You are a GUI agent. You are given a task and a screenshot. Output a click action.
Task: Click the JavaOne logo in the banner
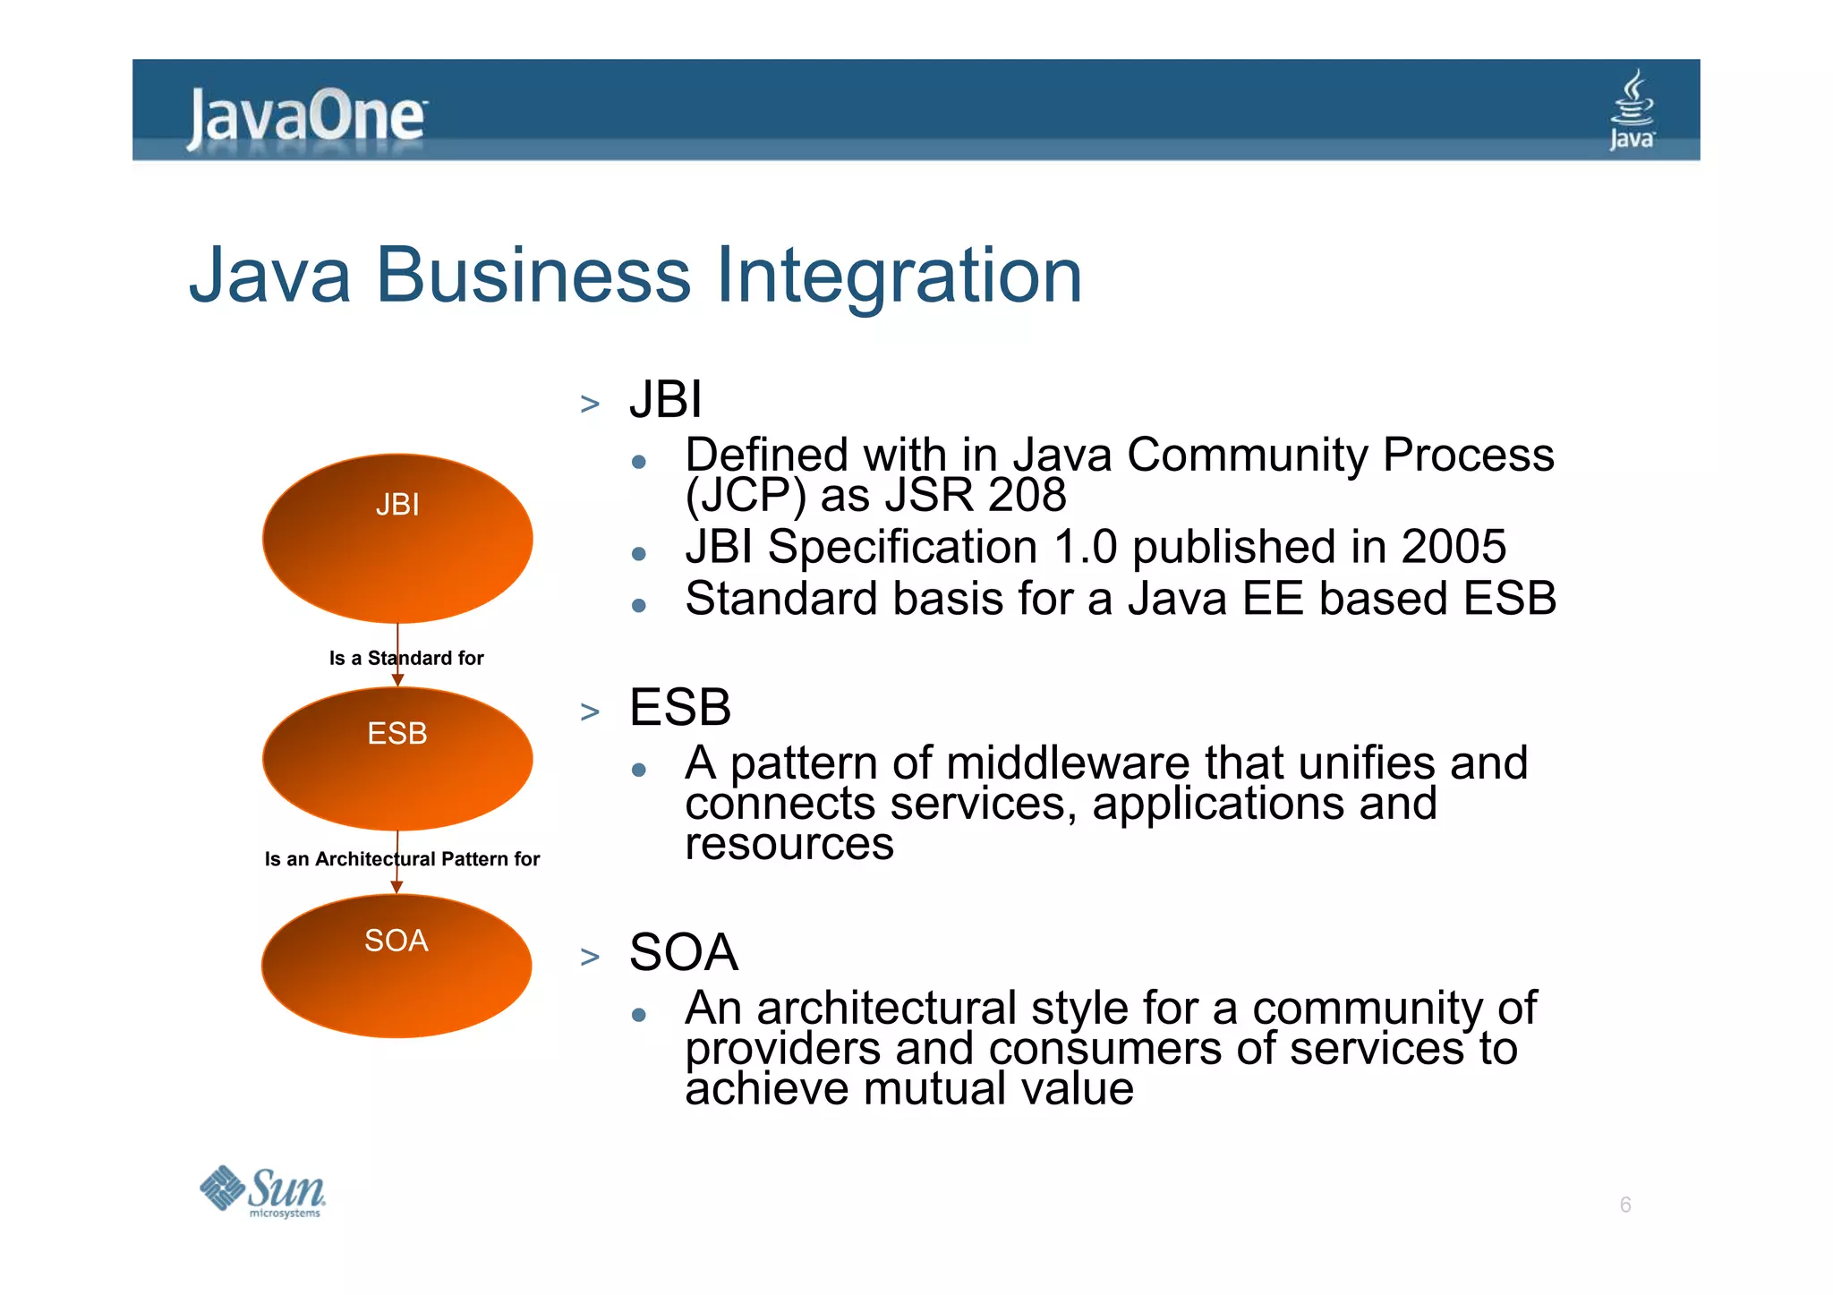pos(306,116)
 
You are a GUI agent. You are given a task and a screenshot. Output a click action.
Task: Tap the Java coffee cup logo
pos(1633,110)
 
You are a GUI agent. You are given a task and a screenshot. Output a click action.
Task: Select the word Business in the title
pos(533,276)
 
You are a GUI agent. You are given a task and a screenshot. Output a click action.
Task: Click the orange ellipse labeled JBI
pos(397,539)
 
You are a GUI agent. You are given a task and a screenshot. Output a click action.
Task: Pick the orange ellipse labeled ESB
pos(397,759)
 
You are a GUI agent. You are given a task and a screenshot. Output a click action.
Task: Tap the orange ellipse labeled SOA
pos(396,967)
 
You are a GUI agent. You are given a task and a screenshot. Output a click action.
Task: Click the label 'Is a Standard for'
pos(406,659)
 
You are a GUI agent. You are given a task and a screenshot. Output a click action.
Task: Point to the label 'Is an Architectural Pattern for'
pos(402,859)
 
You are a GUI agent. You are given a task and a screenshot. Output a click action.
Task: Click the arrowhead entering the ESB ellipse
pos(397,681)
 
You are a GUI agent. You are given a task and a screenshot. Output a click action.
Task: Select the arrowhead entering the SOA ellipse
pos(396,887)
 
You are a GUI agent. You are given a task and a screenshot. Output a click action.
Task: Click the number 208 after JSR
pos(1027,496)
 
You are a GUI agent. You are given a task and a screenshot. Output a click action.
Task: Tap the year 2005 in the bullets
pos(1454,547)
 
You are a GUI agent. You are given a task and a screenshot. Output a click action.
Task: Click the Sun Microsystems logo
pos(263,1192)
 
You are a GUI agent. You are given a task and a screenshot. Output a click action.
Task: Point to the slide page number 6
pos(1625,1205)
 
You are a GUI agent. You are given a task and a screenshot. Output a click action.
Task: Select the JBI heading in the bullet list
pos(666,400)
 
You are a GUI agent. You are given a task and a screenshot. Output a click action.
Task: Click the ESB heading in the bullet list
pos(680,708)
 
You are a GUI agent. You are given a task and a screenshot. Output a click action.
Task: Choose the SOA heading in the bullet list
pos(684,952)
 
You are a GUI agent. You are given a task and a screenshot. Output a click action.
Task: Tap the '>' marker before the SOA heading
pos(590,957)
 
